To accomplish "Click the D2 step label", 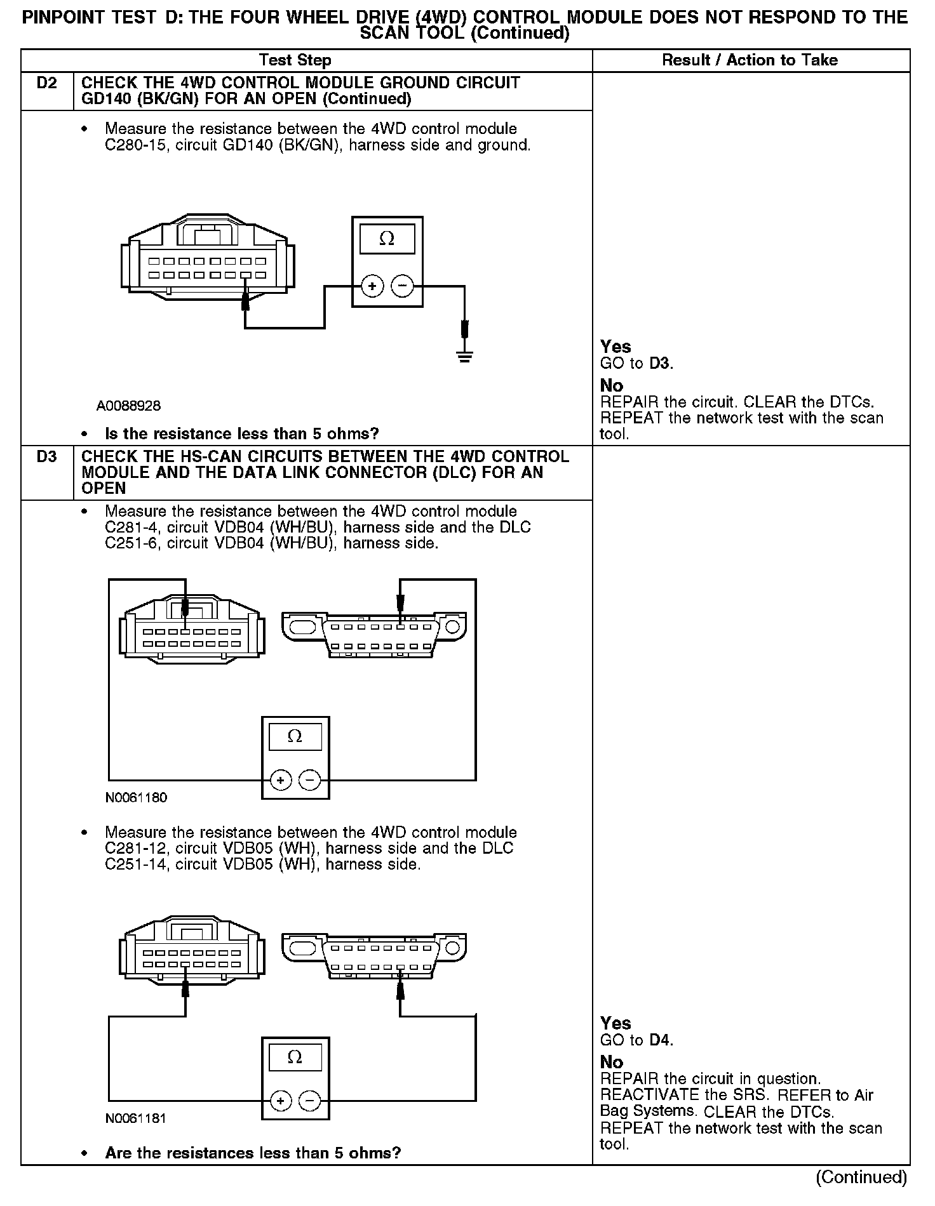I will [x=46, y=83].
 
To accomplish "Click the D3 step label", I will [x=46, y=457].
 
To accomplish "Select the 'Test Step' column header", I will [x=295, y=60].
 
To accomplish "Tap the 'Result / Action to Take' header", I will [x=750, y=60].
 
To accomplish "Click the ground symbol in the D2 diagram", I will [x=465, y=356].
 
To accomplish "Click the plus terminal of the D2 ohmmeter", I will [x=372, y=287].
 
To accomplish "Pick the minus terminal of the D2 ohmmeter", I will [x=401, y=287].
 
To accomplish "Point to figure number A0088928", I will [x=128, y=406].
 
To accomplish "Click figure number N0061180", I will [x=136, y=798].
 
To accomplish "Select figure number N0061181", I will [x=136, y=1118].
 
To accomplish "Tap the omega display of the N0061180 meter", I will [x=295, y=736].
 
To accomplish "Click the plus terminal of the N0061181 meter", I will [x=281, y=1101].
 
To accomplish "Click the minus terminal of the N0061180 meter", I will [x=309, y=780].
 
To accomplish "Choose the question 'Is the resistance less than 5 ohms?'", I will [x=241, y=434].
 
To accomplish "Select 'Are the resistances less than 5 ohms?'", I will [x=253, y=1153].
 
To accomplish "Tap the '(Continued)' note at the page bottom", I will [x=861, y=1177].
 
